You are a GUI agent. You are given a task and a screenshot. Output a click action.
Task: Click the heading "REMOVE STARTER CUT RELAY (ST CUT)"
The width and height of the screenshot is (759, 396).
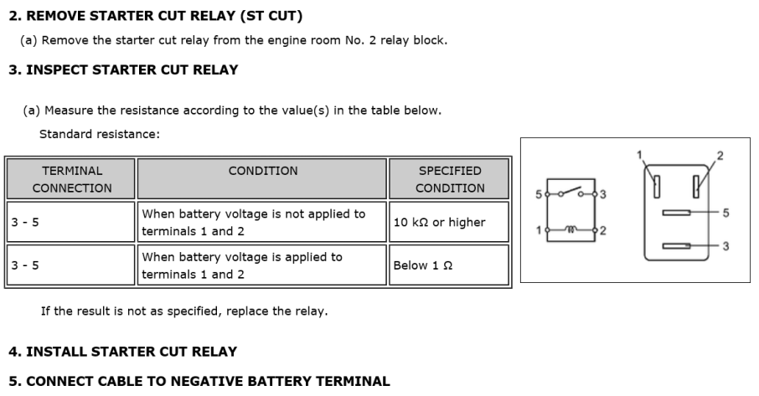(163, 16)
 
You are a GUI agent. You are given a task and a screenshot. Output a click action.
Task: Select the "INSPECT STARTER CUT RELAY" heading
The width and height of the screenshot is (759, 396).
(132, 69)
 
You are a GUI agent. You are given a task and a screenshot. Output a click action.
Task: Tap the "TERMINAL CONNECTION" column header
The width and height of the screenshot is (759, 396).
(72, 179)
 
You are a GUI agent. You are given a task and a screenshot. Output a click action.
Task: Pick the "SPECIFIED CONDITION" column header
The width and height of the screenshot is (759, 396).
(450, 179)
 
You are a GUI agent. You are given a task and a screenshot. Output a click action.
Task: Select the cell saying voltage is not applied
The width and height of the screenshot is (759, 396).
(262, 222)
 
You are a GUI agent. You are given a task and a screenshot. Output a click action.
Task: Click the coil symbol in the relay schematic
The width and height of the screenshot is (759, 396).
(571, 229)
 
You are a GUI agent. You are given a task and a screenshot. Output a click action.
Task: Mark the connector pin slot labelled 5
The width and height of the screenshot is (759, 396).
(676, 213)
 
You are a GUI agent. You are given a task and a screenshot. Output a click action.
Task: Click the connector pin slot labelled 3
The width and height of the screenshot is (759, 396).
(676, 246)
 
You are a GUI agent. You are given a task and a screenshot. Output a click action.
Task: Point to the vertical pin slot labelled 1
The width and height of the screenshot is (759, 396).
(657, 187)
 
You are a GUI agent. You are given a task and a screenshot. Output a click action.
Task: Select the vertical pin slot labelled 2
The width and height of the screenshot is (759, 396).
(696, 187)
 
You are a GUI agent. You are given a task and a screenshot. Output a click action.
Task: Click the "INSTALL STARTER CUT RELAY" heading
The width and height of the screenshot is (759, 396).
(132, 352)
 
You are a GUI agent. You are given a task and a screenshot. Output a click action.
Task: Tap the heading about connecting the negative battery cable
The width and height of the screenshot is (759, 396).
(208, 381)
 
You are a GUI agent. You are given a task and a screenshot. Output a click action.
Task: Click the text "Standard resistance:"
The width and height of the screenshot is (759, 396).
(100, 134)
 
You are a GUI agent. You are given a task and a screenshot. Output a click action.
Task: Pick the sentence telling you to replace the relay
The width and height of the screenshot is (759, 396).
(184, 311)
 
